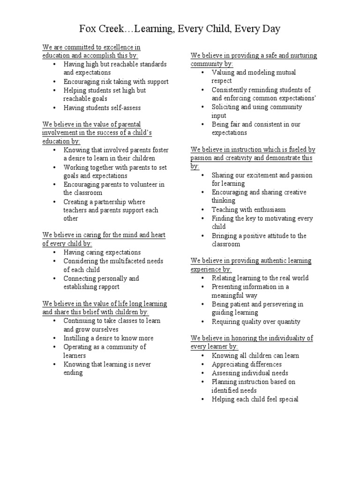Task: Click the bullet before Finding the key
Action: pos(202,218)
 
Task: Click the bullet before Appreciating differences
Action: pos(202,364)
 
